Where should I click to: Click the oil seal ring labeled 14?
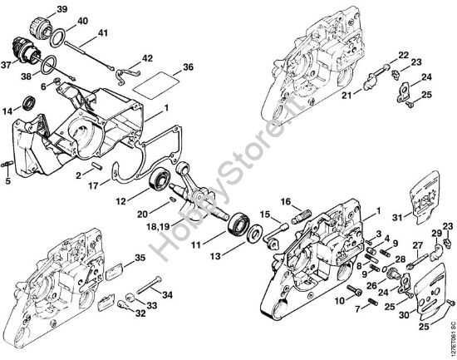tap(29, 104)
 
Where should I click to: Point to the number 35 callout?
tap(140, 257)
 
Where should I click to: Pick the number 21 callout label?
tap(346, 96)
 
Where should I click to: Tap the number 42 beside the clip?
tap(147, 58)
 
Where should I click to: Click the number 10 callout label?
tap(340, 300)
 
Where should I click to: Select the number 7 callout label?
tap(360, 308)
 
